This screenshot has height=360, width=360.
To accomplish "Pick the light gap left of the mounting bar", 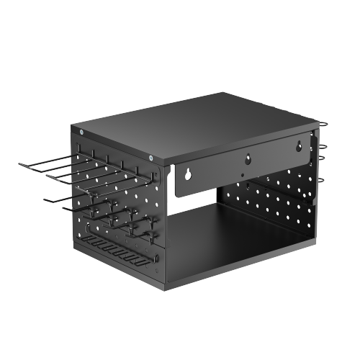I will pyautogui.click(x=173, y=180).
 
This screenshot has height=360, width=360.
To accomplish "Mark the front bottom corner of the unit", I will pyautogui.click(x=166, y=288).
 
